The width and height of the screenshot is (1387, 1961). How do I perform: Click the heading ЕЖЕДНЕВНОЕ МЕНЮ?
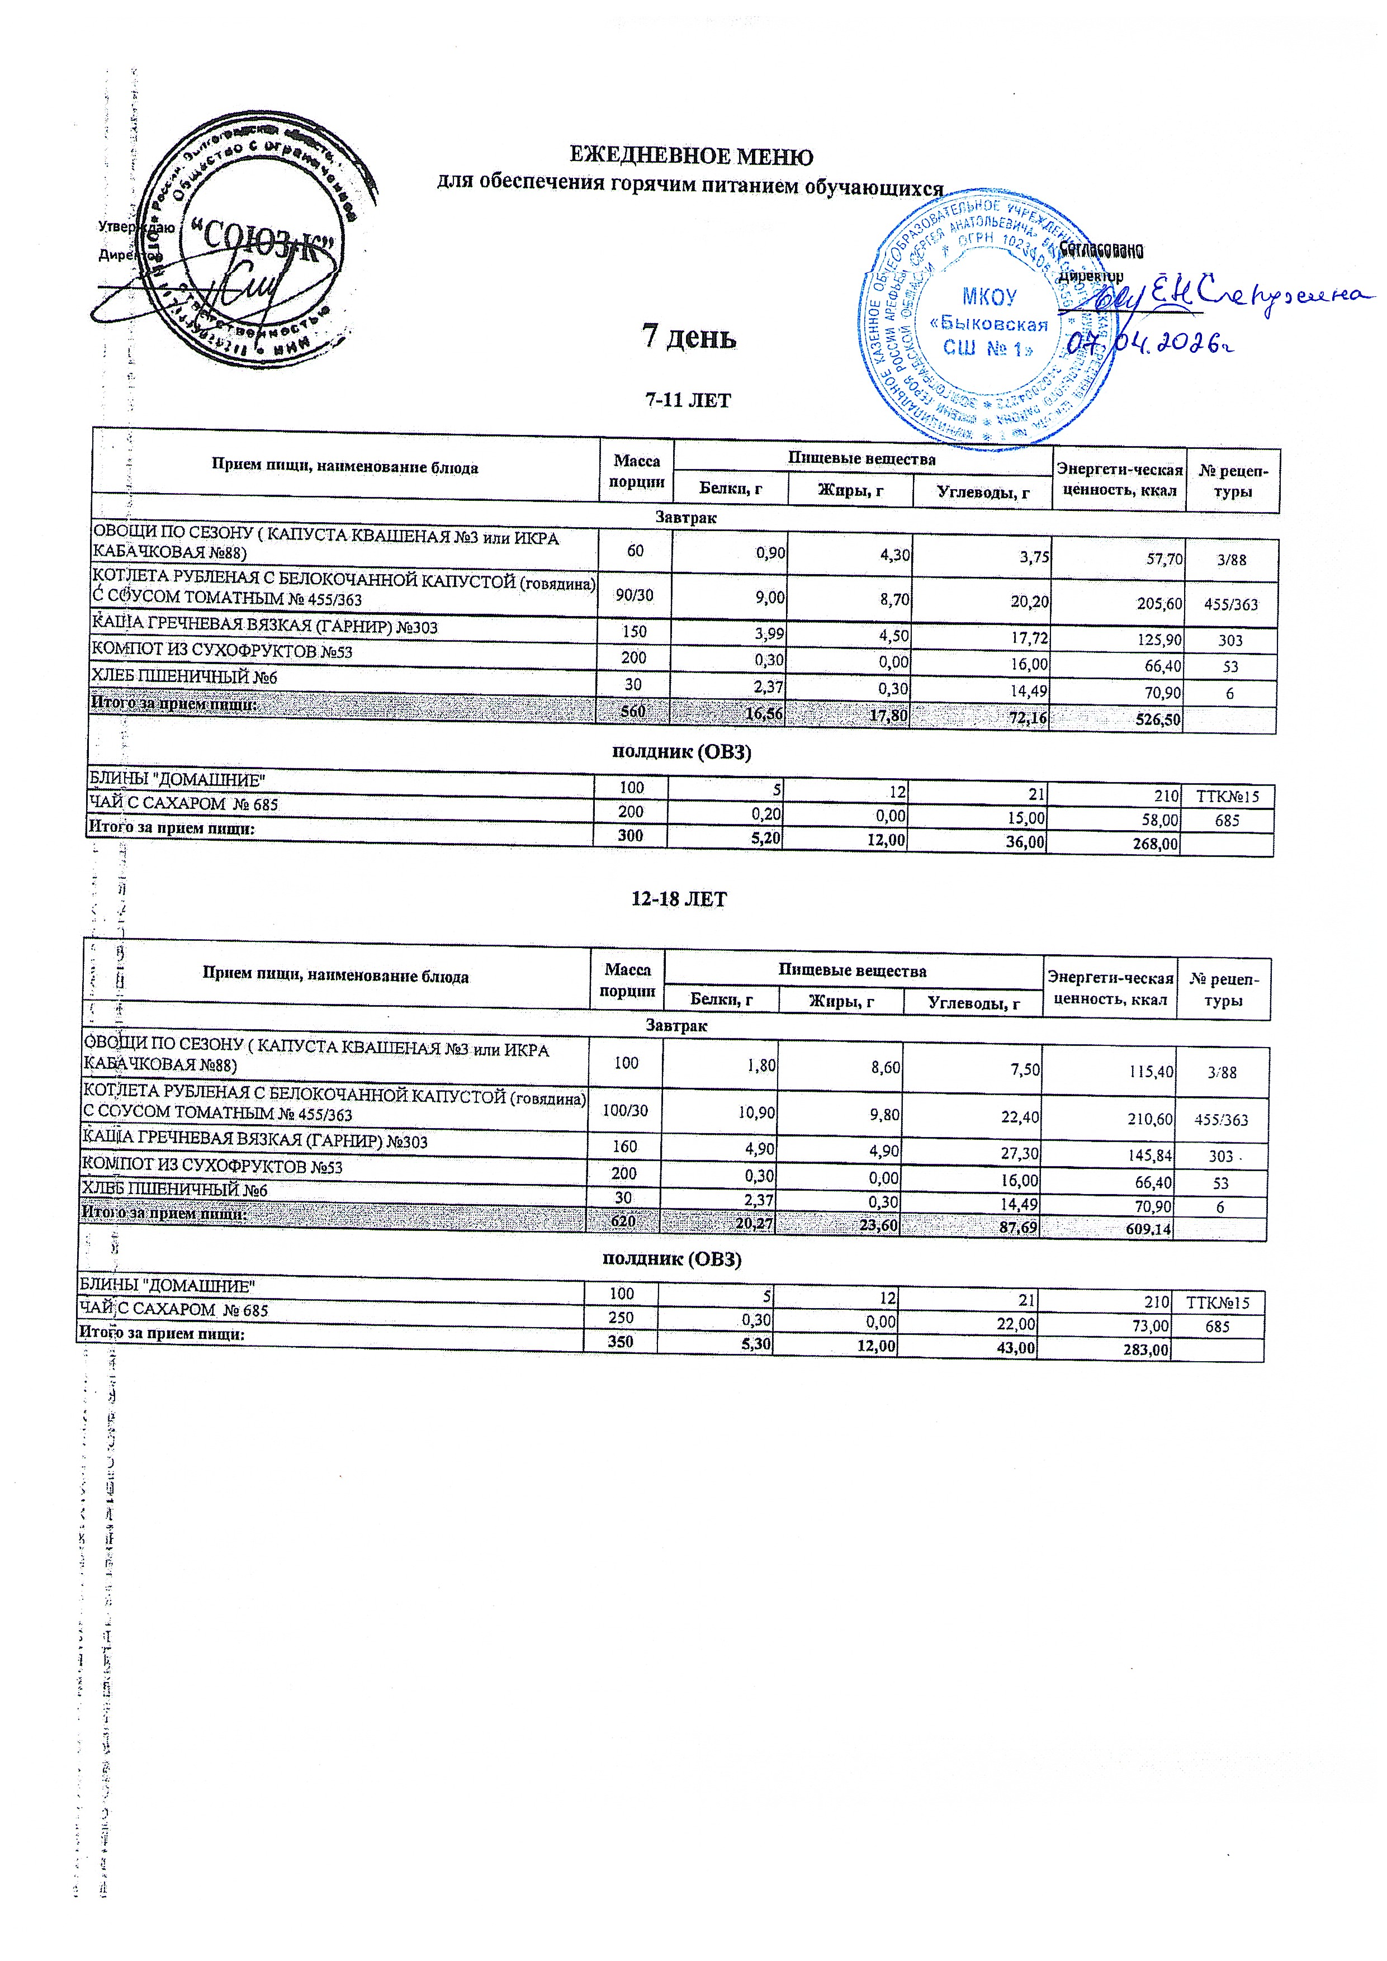point(691,157)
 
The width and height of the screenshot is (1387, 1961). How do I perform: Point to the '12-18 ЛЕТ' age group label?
point(679,899)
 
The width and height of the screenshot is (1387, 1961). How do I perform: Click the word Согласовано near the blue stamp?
point(1101,250)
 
